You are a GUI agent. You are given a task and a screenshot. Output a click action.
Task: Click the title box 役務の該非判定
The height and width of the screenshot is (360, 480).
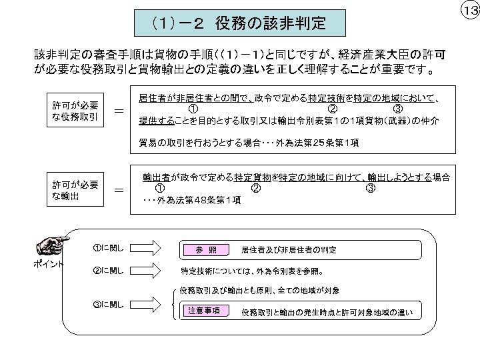(241, 25)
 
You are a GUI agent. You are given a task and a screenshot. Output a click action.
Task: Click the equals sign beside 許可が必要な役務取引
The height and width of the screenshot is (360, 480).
(119, 112)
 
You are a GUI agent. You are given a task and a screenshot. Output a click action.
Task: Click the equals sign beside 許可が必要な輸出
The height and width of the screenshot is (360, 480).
(119, 191)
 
